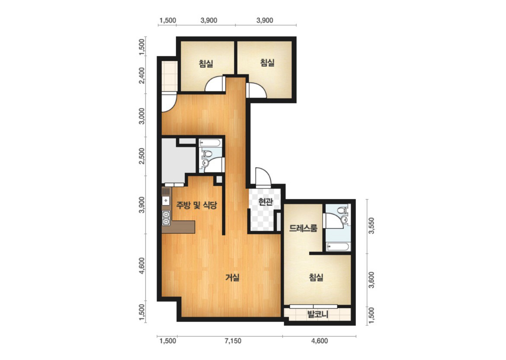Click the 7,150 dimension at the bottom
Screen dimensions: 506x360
[x=233, y=341]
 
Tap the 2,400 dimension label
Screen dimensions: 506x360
[x=142, y=75]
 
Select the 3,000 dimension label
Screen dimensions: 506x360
[x=142, y=115]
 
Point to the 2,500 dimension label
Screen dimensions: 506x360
[x=142, y=156]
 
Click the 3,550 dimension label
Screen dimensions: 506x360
[x=371, y=226]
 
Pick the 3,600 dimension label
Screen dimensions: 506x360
[x=371, y=280]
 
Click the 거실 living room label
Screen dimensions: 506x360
[x=232, y=277]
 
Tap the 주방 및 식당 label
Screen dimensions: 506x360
[x=196, y=205]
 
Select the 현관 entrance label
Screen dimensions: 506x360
[x=266, y=202]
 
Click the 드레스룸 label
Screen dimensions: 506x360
[x=303, y=228]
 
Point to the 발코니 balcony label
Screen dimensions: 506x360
[x=317, y=314]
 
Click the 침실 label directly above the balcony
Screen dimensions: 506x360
[x=316, y=277]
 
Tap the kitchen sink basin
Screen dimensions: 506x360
[x=166, y=201]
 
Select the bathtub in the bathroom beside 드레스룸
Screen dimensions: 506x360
[x=337, y=247]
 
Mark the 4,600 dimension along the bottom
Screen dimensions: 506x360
[x=320, y=341]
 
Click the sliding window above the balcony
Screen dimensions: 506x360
[x=314, y=306]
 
